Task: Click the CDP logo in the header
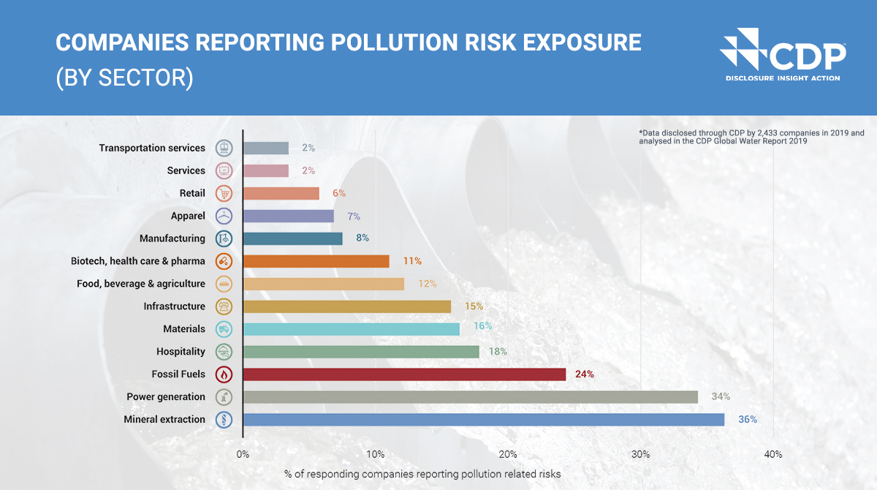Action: (782, 54)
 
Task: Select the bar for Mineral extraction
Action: (483, 420)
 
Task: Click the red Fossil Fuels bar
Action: (404, 374)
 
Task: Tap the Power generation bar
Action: (470, 397)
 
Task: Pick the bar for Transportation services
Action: (265, 148)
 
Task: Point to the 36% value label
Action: (747, 420)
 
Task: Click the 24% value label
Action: (584, 374)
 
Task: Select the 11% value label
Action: (412, 261)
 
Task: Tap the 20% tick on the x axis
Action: (508, 454)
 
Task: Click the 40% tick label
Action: (773, 454)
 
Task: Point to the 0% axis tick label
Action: (243, 454)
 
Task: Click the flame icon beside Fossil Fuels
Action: (224, 374)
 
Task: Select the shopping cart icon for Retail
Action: (224, 193)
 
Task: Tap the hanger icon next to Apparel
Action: (224, 216)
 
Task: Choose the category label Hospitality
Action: (181, 352)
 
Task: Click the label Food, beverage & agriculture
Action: (141, 284)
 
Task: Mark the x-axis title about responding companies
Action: (422, 474)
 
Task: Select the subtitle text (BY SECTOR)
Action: (124, 78)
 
